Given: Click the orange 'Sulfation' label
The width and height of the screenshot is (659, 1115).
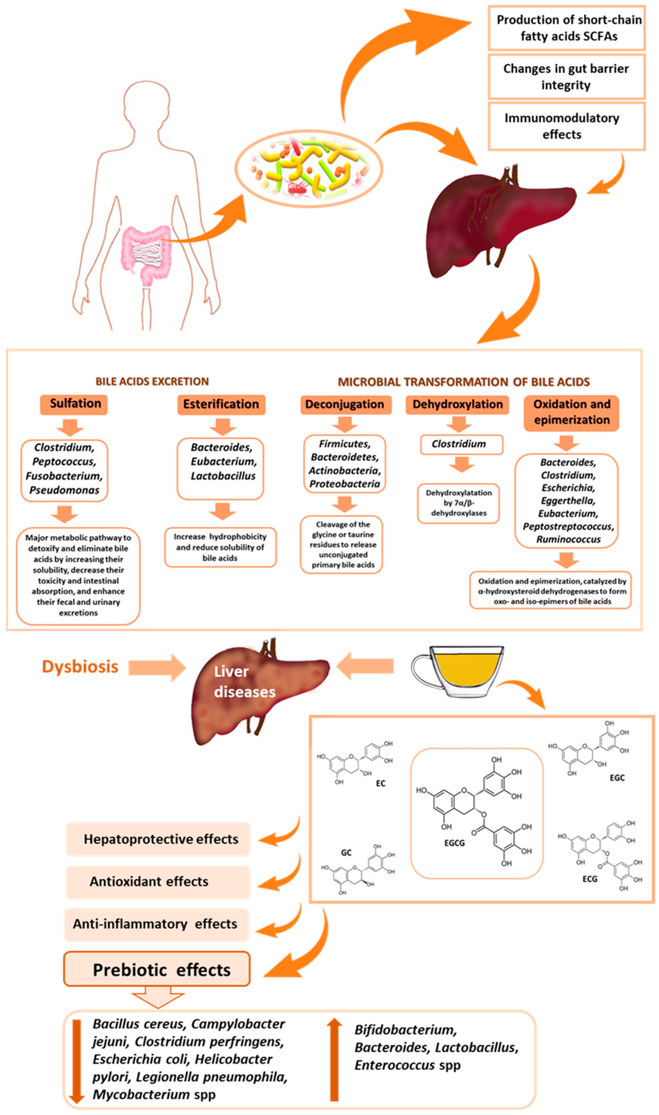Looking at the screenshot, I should [74, 404].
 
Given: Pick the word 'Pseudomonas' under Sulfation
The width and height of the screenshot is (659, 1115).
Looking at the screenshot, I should [64, 490].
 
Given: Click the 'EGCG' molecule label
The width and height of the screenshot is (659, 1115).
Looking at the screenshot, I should [454, 843].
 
